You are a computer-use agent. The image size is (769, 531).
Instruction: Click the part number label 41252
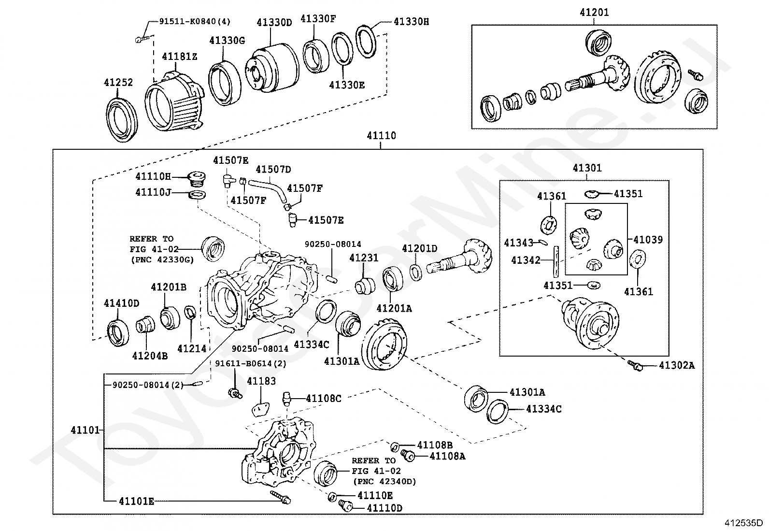pos(118,83)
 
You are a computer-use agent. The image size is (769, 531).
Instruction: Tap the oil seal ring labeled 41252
pos(121,120)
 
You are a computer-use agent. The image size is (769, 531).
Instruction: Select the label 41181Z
pos(179,57)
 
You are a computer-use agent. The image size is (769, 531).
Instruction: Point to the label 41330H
pos(411,22)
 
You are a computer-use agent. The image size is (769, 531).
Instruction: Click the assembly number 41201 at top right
pos(594,13)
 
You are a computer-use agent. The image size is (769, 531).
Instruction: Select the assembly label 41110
pos(381,136)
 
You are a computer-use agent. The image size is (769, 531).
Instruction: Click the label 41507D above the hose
pos(273,169)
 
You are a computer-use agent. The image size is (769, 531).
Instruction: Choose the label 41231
pos(364,258)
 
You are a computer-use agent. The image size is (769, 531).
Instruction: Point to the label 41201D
pos(419,248)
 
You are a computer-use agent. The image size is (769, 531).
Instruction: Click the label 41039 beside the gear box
pos(648,240)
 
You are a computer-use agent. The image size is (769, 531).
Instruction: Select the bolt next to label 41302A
pos(636,367)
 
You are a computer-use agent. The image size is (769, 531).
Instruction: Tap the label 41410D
pos(121,303)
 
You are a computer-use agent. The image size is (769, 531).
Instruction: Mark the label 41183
pos(261,381)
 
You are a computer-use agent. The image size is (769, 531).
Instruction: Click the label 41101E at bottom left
pos(136,502)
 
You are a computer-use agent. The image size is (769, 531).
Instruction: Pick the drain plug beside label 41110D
pos(346,506)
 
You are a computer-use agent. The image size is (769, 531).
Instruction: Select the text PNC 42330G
pos(162,259)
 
